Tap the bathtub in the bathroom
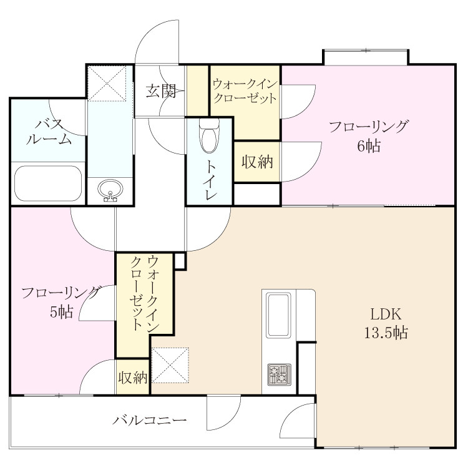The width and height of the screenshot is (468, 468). click(x=48, y=183)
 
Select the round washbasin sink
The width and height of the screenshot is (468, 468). click(x=110, y=190)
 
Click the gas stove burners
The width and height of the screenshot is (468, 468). click(x=279, y=374)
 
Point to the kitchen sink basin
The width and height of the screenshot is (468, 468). click(x=279, y=315)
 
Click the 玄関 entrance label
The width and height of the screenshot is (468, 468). click(x=160, y=91)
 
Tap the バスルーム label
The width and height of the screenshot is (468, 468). click(x=49, y=132)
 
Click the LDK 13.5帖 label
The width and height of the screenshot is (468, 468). click(x=386, y=323)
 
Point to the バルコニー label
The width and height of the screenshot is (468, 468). click(x=150, y=421)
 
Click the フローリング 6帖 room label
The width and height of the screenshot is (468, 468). click(x=368, y=136)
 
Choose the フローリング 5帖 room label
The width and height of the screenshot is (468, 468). click(x=61, y=303)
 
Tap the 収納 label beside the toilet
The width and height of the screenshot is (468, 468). click(x=257, y=162)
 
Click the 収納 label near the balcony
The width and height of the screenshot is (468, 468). click(x=133, y=378)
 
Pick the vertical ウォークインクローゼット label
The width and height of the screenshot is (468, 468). click(x=145, y=293)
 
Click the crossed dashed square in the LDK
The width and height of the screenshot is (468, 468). click(x=170, y=365)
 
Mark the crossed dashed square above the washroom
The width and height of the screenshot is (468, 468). click(x=107, y=84)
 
